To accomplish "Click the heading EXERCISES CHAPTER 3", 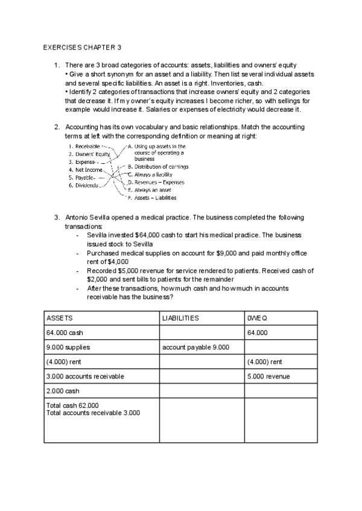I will pos(83,46).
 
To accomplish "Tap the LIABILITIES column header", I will pos(181,318).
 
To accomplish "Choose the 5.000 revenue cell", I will pos(268,376).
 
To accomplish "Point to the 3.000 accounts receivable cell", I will pos(85,376).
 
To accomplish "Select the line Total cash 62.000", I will pos(73,405).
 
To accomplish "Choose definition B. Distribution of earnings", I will pos(158,166).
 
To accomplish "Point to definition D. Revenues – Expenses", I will pos(156,182).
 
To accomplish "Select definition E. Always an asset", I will pos(150,190).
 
